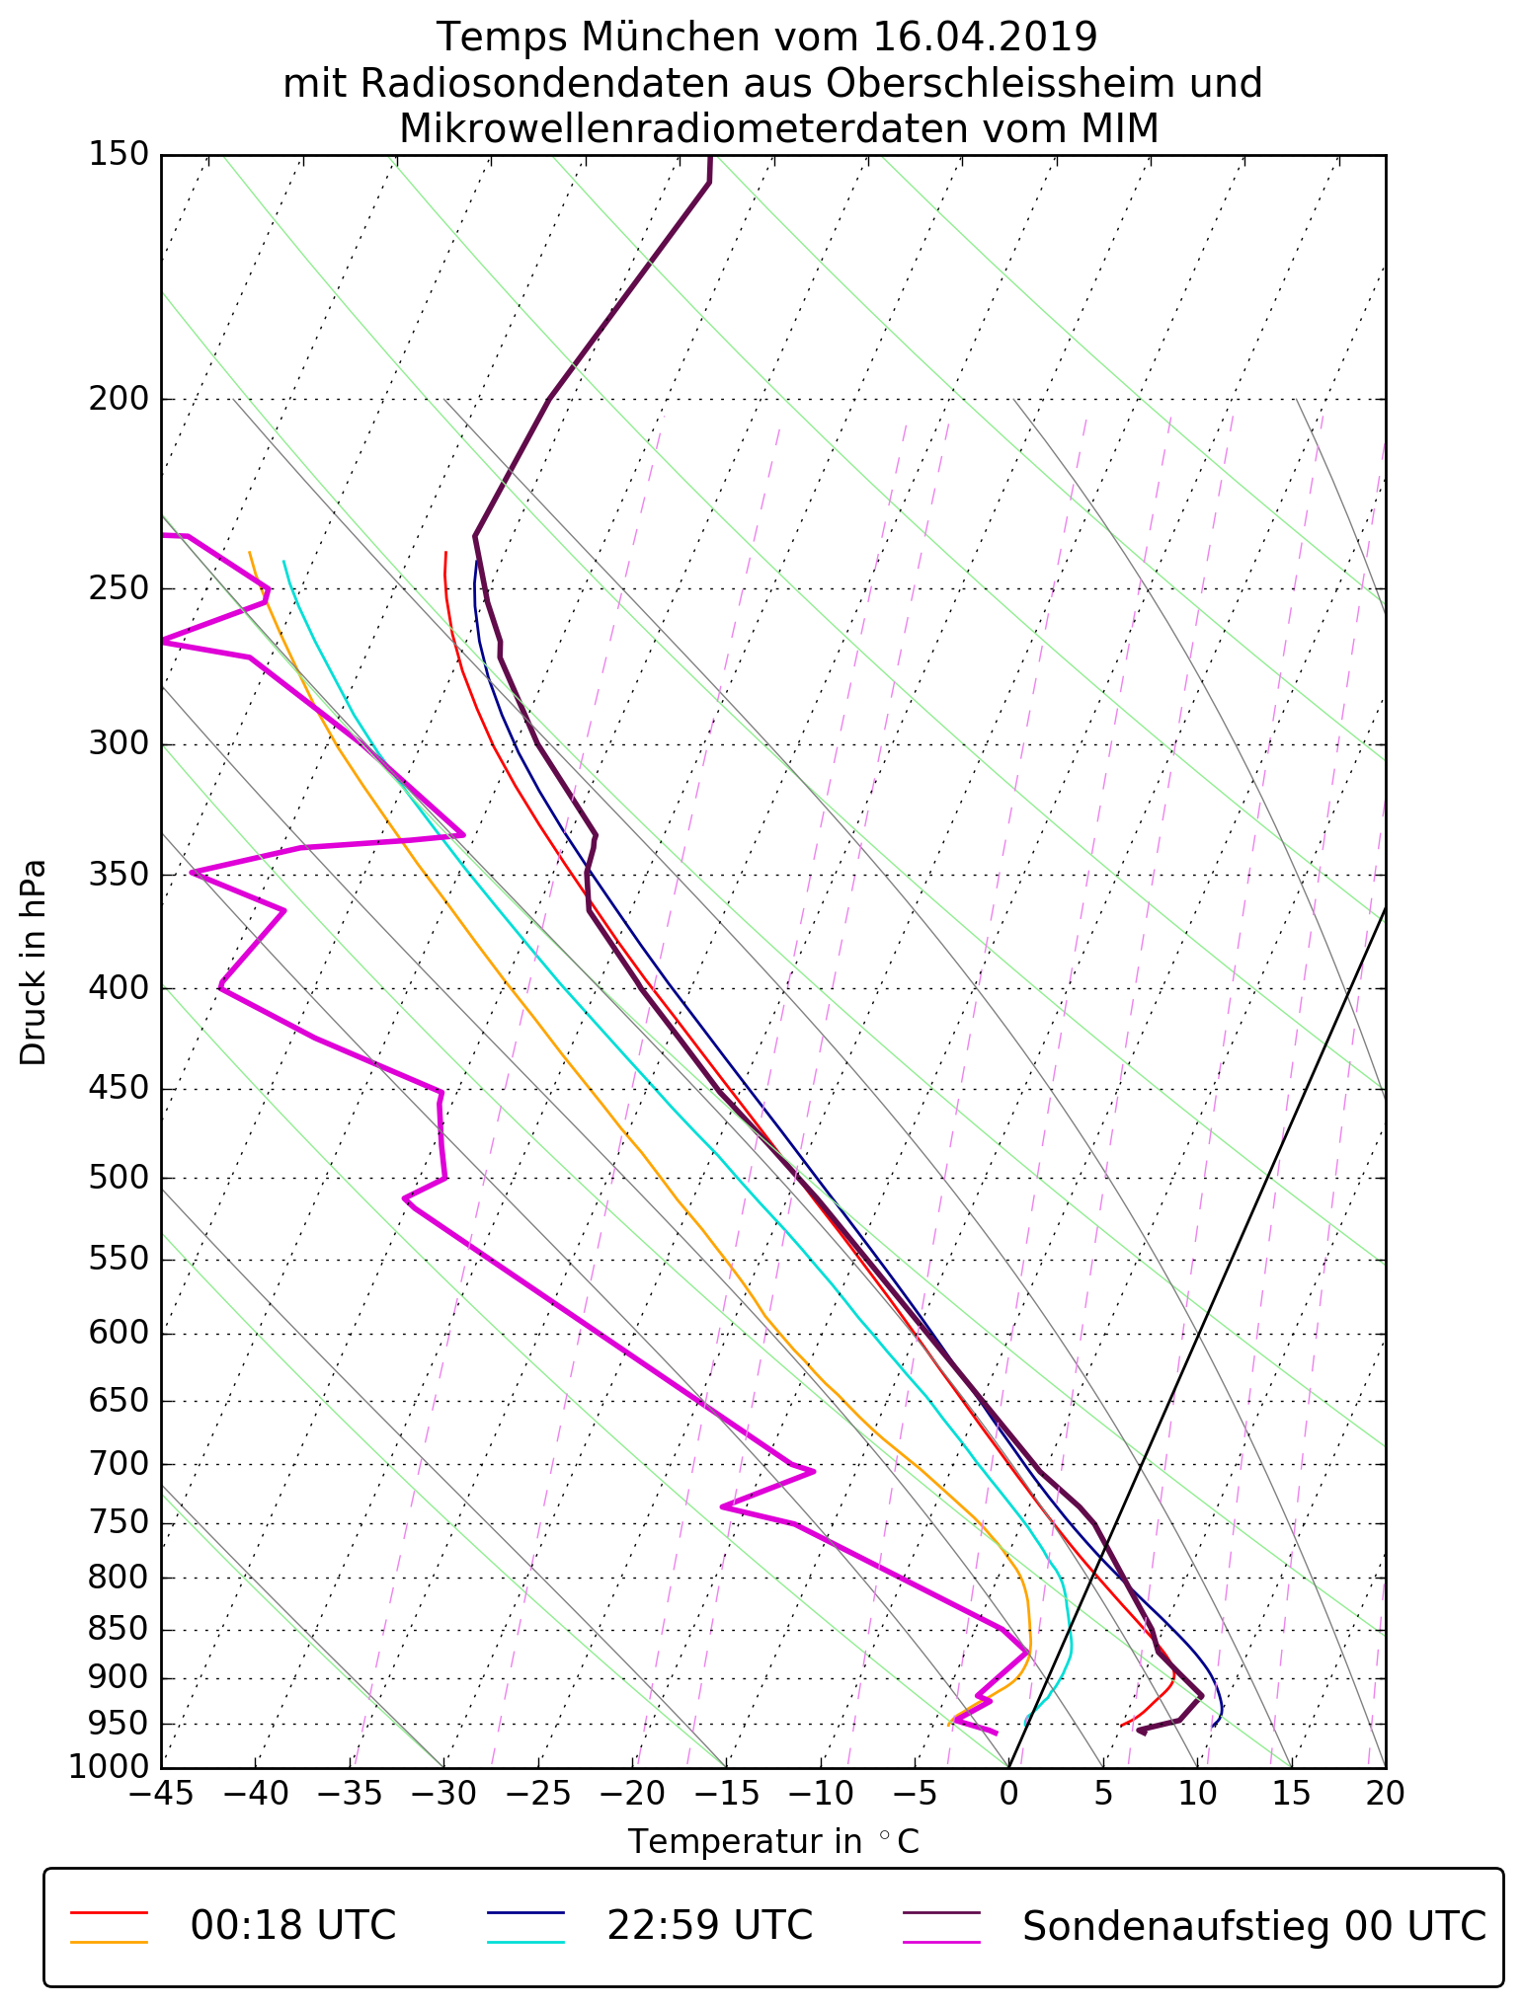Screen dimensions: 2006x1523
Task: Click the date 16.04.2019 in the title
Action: [x=985, y=38]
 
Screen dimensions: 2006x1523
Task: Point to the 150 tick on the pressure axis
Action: [x=119, y=155]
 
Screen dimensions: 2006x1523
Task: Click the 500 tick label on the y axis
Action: [x=119, y=1179]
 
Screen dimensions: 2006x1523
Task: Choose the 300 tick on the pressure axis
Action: [x=119, y=744]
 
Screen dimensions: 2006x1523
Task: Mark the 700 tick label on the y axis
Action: [x=119, y=1464]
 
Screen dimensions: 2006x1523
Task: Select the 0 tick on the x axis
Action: [x=1008, y=1793]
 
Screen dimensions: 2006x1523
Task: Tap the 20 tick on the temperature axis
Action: [x=1385, y=1793]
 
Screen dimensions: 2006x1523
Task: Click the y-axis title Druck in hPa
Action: [x=35, y=962]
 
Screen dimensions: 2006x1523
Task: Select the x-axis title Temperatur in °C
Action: [x=773, y=1842]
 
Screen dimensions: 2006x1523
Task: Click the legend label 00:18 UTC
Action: [x=293, y=1925]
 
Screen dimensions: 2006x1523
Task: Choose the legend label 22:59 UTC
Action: [x=709, y=1925]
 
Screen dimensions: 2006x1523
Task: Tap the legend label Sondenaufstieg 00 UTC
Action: [x=1253, y=1925]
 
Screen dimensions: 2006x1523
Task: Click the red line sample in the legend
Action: [x=109, y=1912]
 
